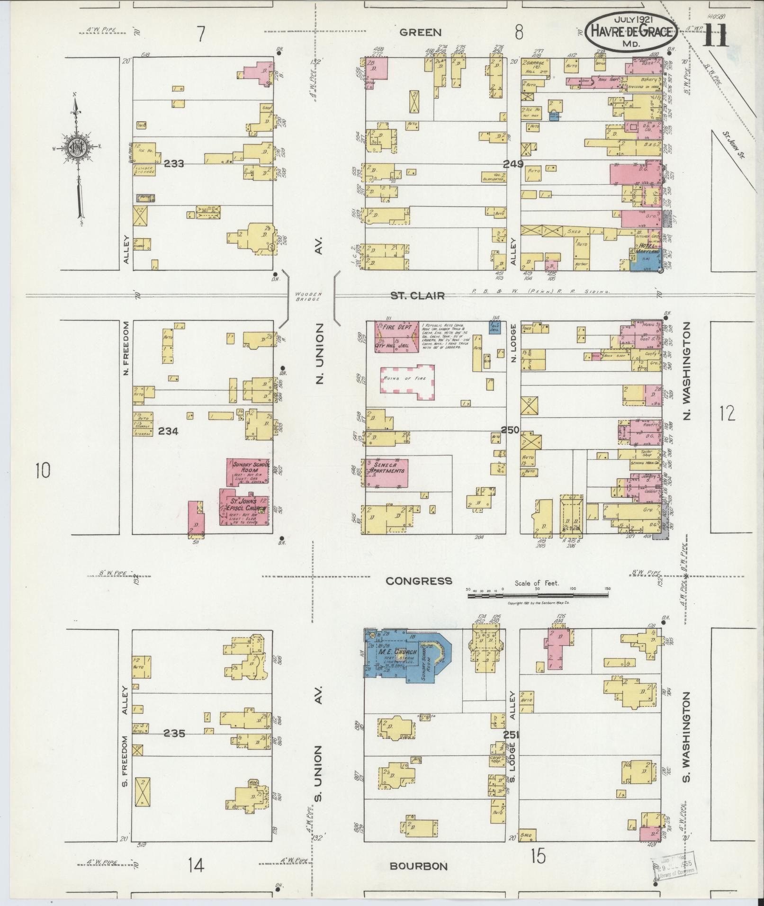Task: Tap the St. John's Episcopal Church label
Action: [x=243, y=505]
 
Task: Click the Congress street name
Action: [x=419, y=581]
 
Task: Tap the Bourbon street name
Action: [x=418, y=866]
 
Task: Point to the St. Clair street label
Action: [x=417, y=296]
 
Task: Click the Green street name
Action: [x=421, y=32]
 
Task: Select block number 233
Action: [x=174, y=163]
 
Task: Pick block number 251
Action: [x=512, y=735]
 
